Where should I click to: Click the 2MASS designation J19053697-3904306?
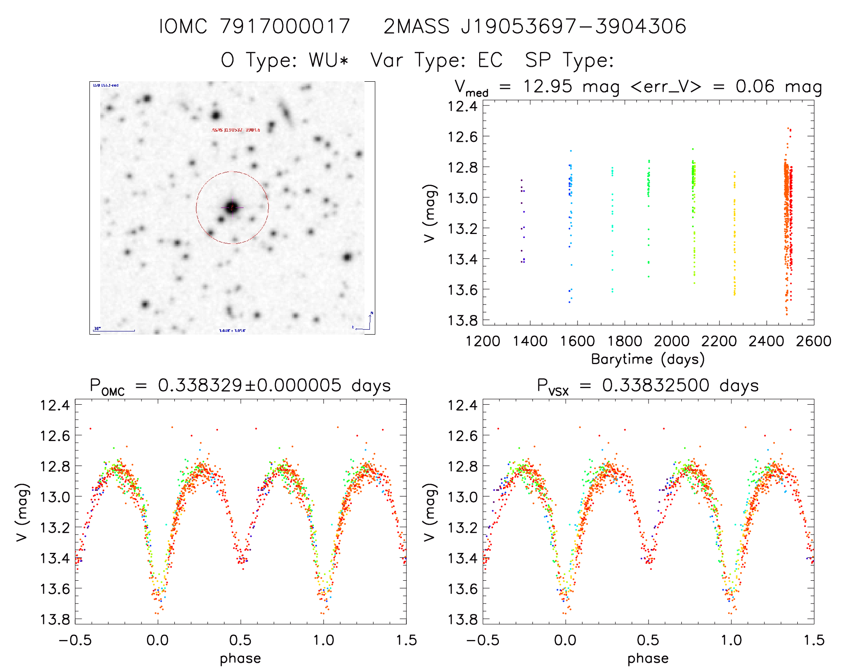pos(573,26)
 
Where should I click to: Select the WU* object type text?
pos(329,60)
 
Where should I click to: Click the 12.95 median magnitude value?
pos(547,86)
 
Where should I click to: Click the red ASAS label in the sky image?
pos(236,130)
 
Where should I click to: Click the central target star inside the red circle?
pos(231,207)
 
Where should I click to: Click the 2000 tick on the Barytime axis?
pos(671,341)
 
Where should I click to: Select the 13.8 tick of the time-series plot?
pos(462,320)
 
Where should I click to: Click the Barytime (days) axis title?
pos(648,359)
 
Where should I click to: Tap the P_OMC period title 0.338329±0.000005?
pos(249,385)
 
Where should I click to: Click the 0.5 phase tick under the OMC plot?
pos(240,640)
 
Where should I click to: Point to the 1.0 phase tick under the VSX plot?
pos(731,640)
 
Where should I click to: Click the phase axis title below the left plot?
pos(240,658)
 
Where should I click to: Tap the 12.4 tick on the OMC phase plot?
pos(55,405)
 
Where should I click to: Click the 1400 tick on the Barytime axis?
pos(530,341)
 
